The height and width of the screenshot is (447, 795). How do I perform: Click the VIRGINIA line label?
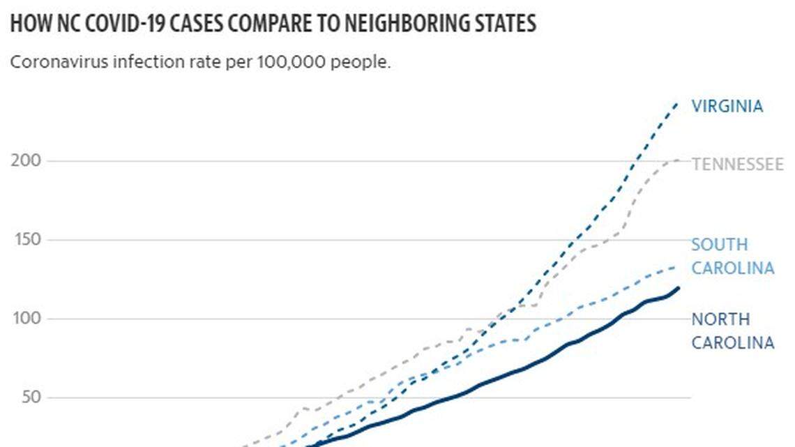[x=727, y=106]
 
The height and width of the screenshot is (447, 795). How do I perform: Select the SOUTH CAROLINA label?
[x=732, y=257]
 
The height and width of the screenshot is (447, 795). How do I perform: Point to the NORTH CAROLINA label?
[x=732, y=331]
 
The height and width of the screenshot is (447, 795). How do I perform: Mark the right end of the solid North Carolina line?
[x=679, y=287]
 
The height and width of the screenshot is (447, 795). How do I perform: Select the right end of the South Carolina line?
[x=676, y=266]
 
